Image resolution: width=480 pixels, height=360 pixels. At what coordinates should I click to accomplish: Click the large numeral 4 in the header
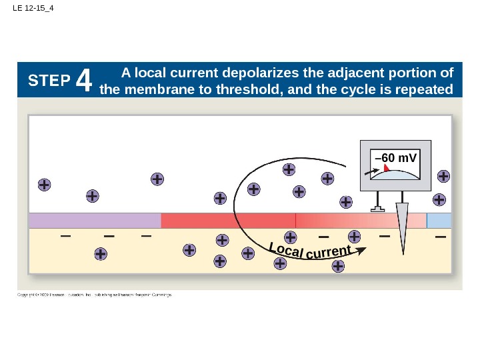pyautogui.click(x=83, y=81)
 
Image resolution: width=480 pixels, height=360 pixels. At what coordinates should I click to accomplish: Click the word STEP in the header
pyautogui.click(x=49, y=81)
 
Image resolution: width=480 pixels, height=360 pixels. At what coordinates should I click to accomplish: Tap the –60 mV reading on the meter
pyautogui.click(x=396, y=158)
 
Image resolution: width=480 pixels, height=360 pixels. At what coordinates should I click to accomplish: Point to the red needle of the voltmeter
pyautogui.click(x=386, y=170)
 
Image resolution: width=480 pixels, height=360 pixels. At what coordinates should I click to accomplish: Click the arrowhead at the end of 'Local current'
pyautogui.click(x=361, y=251)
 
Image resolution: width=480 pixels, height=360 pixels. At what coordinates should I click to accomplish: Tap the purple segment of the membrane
pyautogui.click(x=94, y=221)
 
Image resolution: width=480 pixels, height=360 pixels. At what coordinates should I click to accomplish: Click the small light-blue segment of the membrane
pyautogui.click(x=439, y=221)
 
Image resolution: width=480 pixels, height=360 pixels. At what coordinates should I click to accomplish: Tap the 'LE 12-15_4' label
pyautogui.click(x=33, y=9)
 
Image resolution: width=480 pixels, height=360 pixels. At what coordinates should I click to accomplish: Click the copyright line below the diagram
pyautogui.click(x=94, y=294)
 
